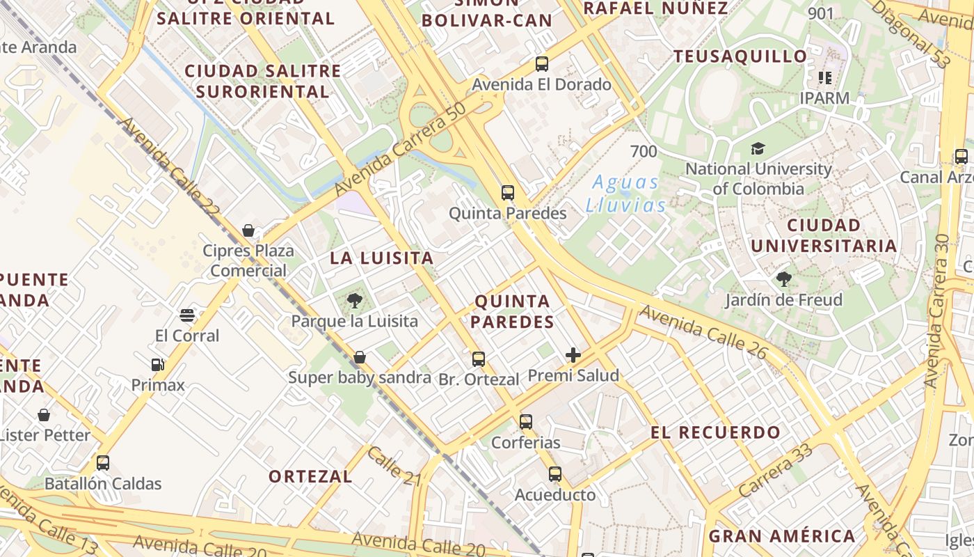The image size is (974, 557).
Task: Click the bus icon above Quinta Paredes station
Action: click(508, 193)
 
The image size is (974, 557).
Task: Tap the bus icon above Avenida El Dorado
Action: click(542, 64)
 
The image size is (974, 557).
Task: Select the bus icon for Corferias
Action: click(526, 422)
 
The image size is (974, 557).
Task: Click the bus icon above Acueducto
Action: click(554, 474)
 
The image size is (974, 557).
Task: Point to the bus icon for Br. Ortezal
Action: click(479, 359)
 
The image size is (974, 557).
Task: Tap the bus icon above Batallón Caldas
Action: click(103, 463)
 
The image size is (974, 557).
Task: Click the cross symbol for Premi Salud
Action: click(573, 356)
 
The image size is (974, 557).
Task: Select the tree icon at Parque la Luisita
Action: click(355, 301)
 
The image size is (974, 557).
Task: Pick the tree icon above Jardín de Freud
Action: click(784, 280)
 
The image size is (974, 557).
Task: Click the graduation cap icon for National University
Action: click(758, 148)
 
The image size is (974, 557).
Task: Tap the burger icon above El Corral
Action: click(186, 315)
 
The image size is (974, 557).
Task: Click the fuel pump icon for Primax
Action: click(158, 365)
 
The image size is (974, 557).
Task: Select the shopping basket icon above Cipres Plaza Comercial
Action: click(248, 230)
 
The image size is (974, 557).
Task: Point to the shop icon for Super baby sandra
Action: click(360, 358)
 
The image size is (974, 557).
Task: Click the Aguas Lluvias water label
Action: click(626, 194)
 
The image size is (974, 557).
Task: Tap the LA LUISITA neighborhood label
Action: click(382, 258)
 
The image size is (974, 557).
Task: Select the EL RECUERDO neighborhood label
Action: click(716, 432)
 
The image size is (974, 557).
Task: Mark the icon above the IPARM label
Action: click(825, 77)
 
